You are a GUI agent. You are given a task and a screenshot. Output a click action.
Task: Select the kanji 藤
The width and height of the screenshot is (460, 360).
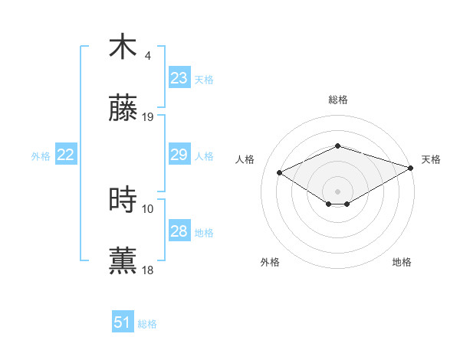(x=123, y=112)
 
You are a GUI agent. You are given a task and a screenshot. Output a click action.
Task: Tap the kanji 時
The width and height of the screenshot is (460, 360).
(x=123, y=201)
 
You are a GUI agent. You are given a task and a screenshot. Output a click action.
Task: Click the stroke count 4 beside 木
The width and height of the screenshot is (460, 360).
(x=148, y=56)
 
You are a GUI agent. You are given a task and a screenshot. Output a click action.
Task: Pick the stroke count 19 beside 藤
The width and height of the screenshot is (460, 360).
(x=148, y=117)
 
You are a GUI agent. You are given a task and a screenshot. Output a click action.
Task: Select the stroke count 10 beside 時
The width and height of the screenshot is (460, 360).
(x=148, y=208)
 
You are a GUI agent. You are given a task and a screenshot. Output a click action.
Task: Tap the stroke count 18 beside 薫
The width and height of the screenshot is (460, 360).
(x=148, y=270)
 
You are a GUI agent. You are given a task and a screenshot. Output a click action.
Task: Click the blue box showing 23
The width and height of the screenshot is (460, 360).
(x=179, y=78)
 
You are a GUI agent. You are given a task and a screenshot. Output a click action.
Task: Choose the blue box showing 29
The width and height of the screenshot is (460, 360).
(x=179, y=155)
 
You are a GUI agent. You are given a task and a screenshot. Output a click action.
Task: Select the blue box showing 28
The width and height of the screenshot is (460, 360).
(x=179, y=231)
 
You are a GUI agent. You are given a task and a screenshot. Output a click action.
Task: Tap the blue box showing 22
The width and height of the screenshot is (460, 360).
(x=66, y=155)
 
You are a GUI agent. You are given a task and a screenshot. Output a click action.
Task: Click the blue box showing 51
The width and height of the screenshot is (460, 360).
(x=123, y=322)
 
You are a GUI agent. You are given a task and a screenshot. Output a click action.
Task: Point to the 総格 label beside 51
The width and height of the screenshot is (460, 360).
(x=147, y=324)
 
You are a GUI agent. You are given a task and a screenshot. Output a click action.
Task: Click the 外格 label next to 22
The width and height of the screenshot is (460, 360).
(x=41, y=156)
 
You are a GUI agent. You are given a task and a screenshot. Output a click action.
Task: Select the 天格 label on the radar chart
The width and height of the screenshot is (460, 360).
(x=431, y=159)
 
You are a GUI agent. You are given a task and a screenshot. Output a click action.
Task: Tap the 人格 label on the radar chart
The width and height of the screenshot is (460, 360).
(x=245, y=159)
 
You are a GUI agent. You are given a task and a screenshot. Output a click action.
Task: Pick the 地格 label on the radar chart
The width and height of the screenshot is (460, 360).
(x=402, y=262)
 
